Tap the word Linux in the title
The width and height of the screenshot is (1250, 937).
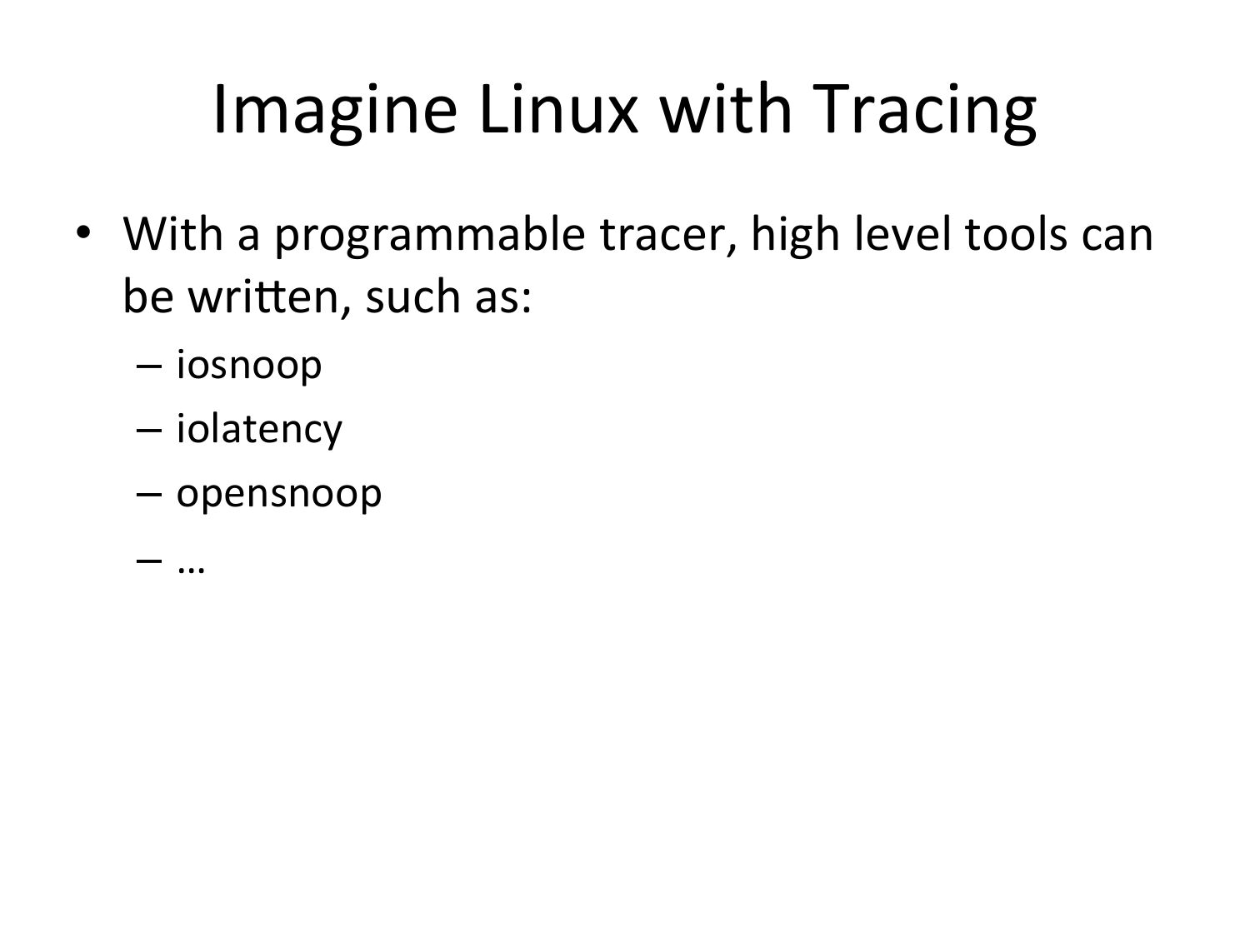click(x=558, y=108)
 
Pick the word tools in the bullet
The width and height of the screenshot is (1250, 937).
click(x=1016, y=234)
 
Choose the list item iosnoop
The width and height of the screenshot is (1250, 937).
click(x=249, y=366)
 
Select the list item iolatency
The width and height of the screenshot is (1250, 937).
click(x=259, y=430)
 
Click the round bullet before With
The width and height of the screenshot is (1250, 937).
click(x=83, y=232)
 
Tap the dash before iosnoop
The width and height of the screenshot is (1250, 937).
click(x=149, y=367)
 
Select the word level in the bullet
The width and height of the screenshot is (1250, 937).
click(x=902, y=234)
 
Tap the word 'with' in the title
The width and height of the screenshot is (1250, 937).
click(x=726, y=108)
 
